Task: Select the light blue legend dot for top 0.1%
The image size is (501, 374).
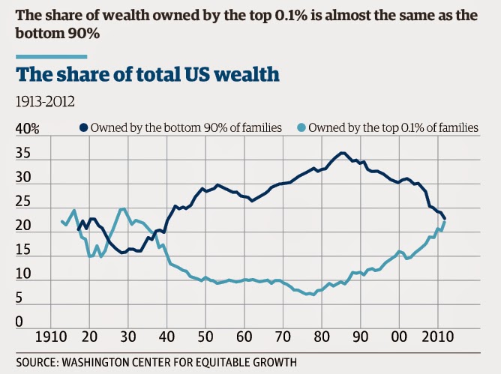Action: tap(301, 128)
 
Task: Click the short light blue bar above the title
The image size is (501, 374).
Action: tap(50, 55)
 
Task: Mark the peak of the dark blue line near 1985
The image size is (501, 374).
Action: tap(342, 153)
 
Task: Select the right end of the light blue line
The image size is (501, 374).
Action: tap(445, 221)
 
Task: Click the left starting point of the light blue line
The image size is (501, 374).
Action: tap(61, 220)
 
